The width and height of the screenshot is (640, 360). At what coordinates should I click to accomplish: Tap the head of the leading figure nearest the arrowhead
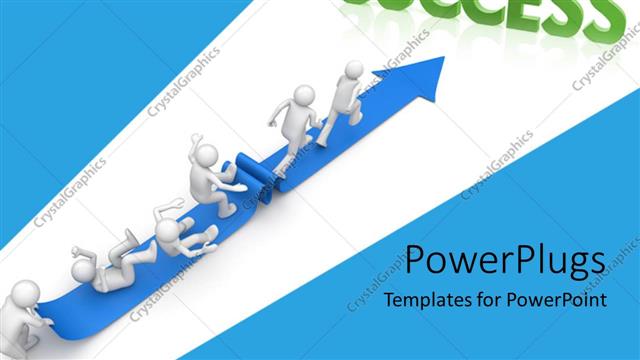353,70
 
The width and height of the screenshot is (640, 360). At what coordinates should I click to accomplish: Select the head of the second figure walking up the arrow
305,95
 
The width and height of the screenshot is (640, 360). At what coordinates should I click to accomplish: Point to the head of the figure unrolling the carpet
207,156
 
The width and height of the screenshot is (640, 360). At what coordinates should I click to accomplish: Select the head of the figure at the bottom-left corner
23,293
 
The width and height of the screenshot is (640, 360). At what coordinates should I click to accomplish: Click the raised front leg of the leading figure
357,111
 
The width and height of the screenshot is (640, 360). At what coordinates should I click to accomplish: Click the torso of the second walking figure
295,120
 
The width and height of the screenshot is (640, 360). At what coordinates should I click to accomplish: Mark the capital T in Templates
391,300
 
